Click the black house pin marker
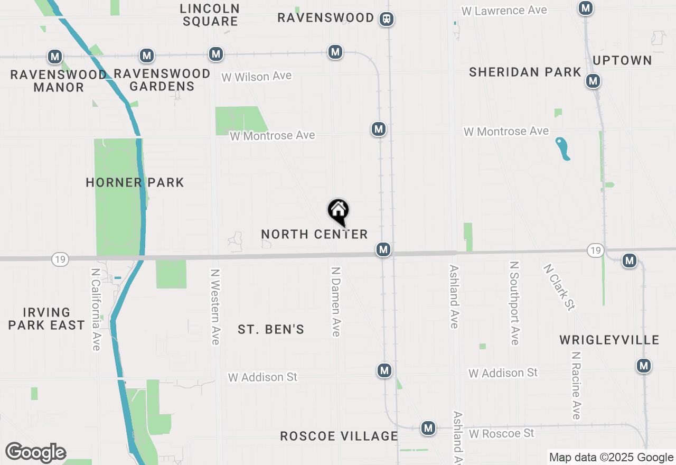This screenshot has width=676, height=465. click(339, 211)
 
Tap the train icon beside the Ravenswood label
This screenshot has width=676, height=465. click(387, 19)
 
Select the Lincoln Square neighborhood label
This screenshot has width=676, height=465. click(210, 15)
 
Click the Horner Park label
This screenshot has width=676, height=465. click(135, 183)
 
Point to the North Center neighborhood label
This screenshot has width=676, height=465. click(314, 234)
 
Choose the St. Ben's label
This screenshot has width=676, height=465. click(271, 330)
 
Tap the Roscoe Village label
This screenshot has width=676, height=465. click(339, 436)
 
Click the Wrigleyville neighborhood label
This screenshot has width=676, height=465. click(609, 340)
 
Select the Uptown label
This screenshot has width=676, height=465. click(622, 60)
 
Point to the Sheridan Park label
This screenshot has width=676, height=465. click(525, 72)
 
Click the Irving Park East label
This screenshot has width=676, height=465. click(46, 319)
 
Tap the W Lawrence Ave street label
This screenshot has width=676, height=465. click(504, 11)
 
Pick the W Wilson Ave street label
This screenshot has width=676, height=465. click(256, 77)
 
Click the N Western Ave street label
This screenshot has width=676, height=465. click(214, 306)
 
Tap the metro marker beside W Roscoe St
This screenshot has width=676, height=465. click(428, 428)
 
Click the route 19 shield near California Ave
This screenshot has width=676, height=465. click(60, 259)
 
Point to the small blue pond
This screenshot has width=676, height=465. click(562, 148)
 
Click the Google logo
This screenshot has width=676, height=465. click(35, 452)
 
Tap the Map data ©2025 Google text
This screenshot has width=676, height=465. click(611, 458)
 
